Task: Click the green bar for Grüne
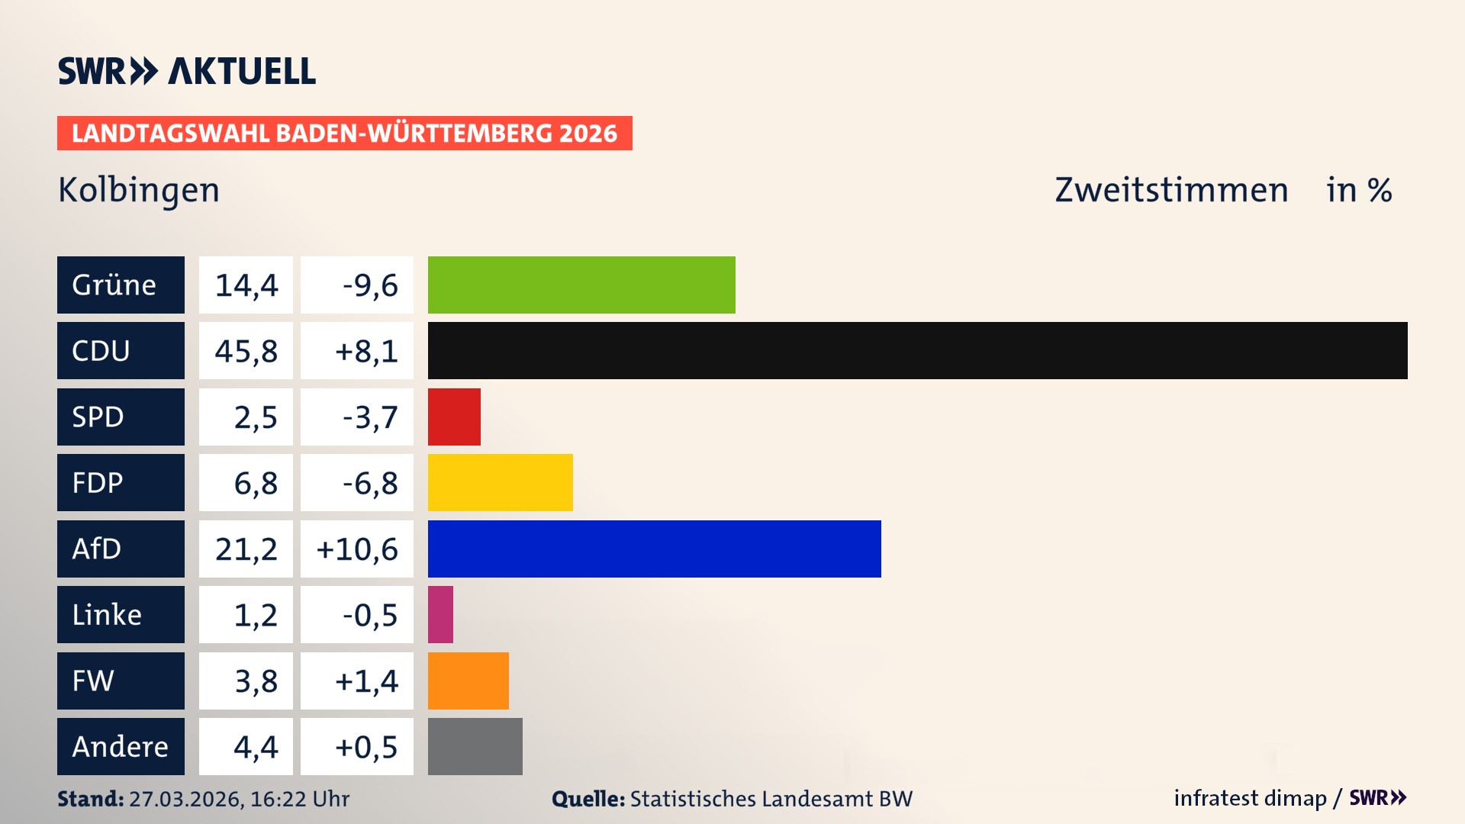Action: (x=581, y=285)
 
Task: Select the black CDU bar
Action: (x=917, y=350)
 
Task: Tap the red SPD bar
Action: (x=454, y=417)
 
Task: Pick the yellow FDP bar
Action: (x=500, y=482)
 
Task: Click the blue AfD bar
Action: (x=654, y=549)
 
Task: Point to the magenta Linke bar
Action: (x=440, y=614)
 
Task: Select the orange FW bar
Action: (x=468, y=681)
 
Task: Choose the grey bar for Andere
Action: (x=475, y=746)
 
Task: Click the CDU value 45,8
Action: (x=246, y=351)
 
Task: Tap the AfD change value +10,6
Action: (x=357, y=549)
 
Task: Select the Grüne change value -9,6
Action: (x=369, y=285)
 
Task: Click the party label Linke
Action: (x=107, y=615)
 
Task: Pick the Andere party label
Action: (x=120, y=747)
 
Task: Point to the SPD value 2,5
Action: (x=255, y=417)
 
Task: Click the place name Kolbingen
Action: (x=139, y=190)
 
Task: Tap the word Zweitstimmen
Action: (x=1170, y=190)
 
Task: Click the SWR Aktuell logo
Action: (x=187, y=71)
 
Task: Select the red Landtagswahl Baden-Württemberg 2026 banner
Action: (x=344, y=134)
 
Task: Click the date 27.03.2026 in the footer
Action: (x=185, y=799)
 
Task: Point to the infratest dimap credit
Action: (x=1250, y=798)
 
